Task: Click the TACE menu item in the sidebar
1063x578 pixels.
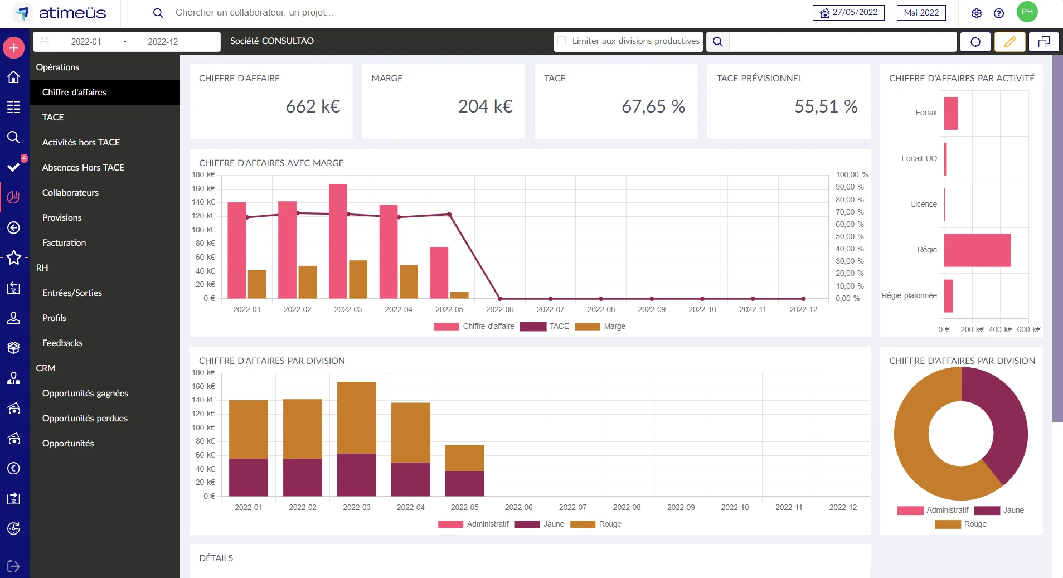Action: (x=53, y=117)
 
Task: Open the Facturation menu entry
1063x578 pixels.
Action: (x=64, y=242)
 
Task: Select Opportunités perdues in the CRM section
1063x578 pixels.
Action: (x=85, y=418)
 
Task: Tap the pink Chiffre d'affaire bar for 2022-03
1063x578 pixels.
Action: (x=338, y=241)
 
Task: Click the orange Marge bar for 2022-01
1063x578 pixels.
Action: (x=257, y=284)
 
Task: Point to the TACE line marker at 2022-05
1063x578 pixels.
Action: (x=449, y=215)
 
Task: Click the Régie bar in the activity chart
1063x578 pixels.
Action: (x=977, y=250)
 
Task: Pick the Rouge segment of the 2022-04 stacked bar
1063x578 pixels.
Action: (x=411, y=433)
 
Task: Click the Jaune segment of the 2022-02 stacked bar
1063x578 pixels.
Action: (x=303, y=478)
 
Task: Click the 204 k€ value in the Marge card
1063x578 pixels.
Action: (x=486, y=106)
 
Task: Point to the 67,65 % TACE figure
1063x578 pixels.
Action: (x=653, y=106)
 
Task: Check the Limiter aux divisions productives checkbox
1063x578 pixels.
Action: (x=562, y=41)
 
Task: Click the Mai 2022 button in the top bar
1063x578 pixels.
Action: (x=921, y=13)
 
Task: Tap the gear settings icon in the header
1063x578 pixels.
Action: (x=977, y=13)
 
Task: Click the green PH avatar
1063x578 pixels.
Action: (x=1027, y=12)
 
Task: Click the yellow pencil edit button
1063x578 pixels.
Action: (x=1010, y=42)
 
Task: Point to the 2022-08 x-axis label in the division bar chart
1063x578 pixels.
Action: (x=627, y=507)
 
